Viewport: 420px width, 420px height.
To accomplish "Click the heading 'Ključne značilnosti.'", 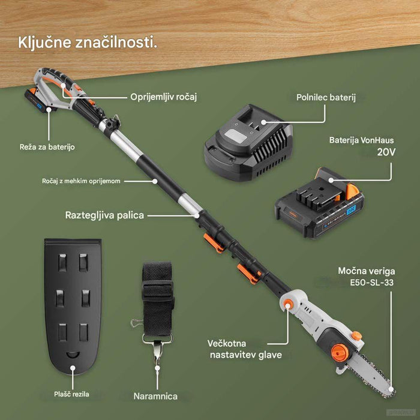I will point(88,43).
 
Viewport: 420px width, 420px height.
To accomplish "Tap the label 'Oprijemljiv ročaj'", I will point(164,96).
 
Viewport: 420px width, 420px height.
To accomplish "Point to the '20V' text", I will point(386,152).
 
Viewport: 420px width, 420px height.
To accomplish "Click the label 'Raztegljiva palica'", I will point(104,215).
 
